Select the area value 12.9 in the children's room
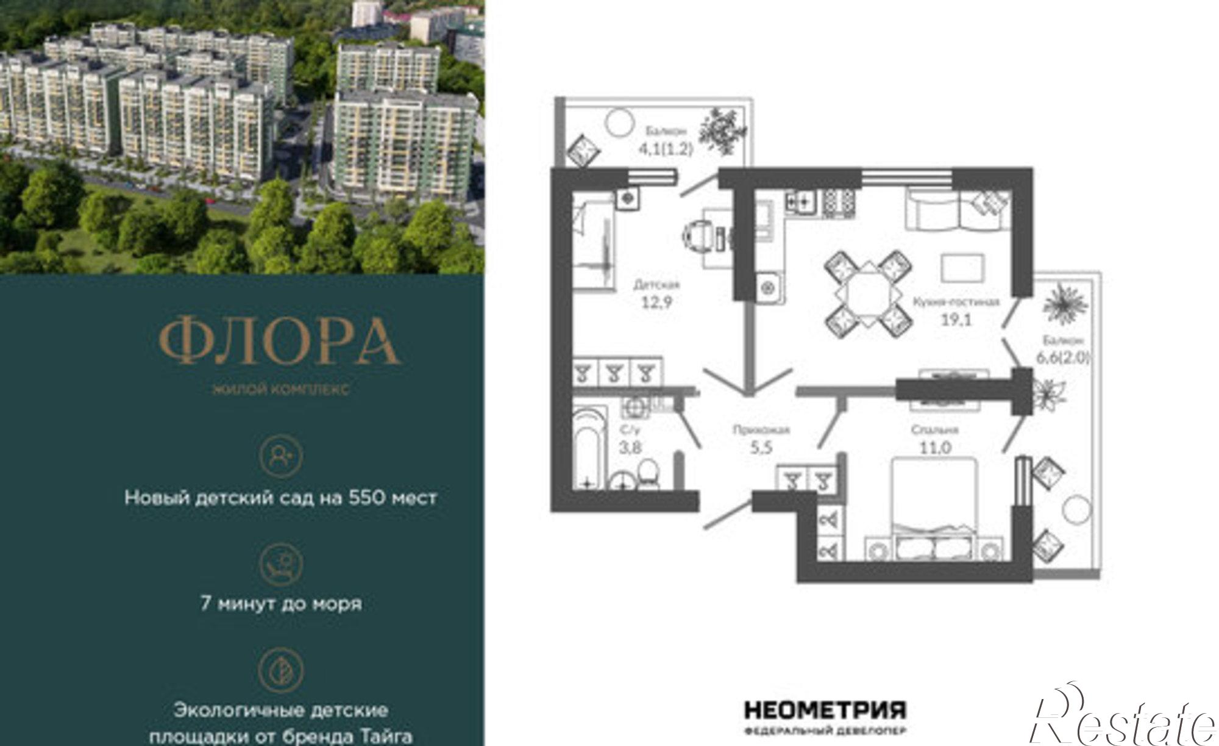(656, 302)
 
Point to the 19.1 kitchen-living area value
(956, 319)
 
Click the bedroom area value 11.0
(935, 448)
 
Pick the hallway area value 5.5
(761, 448)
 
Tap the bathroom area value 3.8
(630, 447)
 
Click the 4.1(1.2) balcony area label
(666, 148)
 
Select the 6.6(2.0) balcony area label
(1062, 358)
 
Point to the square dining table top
(869, 294)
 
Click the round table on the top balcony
(620, 123)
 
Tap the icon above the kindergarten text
(280, 456)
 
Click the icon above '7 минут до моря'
(280, 563)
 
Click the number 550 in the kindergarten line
(366, 498)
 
